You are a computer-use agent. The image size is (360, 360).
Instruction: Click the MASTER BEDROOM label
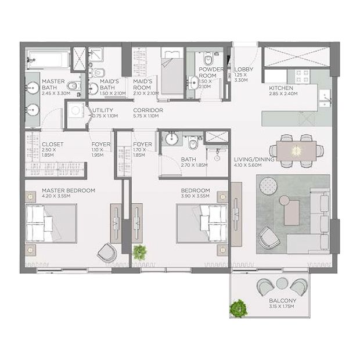69,190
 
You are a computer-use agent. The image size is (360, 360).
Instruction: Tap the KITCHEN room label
281,88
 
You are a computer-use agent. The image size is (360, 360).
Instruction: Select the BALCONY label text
283,301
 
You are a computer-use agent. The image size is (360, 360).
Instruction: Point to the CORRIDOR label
148,110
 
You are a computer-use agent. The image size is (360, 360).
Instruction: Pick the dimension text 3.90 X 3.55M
195,196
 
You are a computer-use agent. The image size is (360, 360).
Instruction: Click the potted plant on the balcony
239,308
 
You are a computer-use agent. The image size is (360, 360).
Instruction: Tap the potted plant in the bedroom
139,253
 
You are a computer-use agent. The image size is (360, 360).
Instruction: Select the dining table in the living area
296,151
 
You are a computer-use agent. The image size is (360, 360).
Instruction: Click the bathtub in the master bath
49,60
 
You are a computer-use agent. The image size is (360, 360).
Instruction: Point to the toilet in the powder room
208,60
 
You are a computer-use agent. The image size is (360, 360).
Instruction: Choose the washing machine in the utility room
75,110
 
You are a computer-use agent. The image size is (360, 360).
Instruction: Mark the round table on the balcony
282,283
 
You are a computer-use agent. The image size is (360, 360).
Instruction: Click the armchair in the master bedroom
107,253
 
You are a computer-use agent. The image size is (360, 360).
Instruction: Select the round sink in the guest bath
171,139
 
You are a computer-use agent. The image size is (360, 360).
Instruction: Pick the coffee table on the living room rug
291,213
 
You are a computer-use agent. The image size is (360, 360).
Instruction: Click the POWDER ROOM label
211,73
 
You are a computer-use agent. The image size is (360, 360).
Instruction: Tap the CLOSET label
53,144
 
